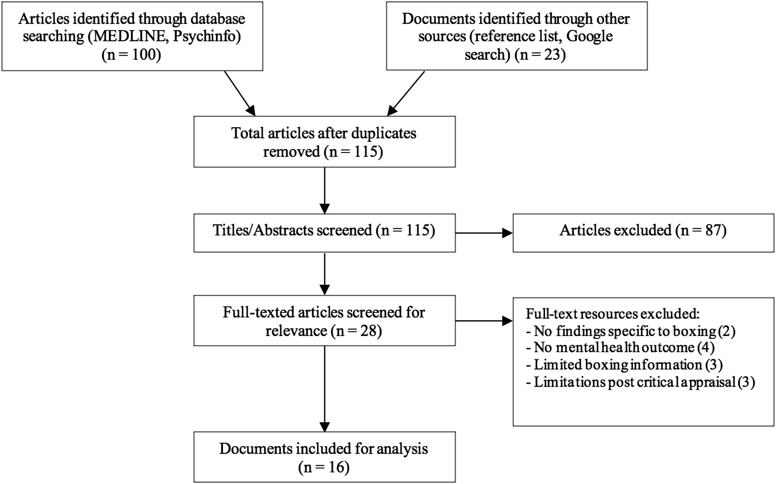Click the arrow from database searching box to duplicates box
click(240, 94)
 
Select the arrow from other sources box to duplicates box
click(406, 94)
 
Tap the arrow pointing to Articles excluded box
click(484, 233)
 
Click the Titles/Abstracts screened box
click(324, 233)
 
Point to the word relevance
click(296, 331)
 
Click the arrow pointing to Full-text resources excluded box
click(484, 321)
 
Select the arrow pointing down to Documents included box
click(324, 389)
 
